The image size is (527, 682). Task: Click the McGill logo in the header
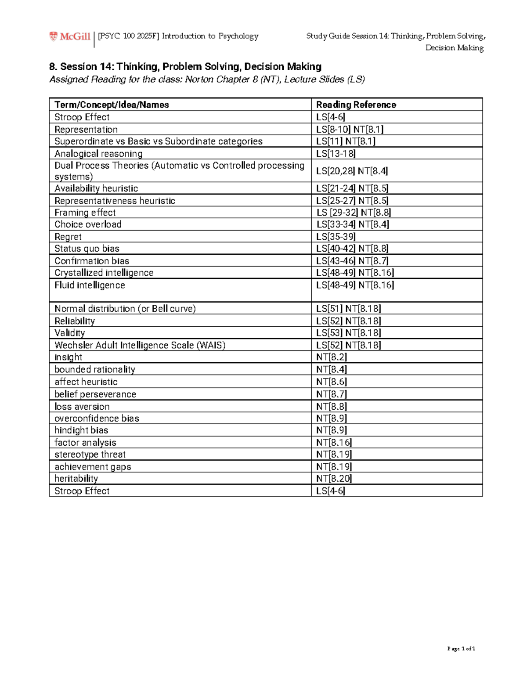click(x=70, y=36)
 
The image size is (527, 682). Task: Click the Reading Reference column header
click(x=356, y=105)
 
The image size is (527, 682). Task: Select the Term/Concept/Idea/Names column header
click(x=112, y=105)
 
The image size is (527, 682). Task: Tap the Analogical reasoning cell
click(x=98, y=154)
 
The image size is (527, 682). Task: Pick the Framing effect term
click(x=85, y=213)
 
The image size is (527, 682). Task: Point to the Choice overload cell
click(x=88, y=224)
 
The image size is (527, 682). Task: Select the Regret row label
click(x=68, y=237)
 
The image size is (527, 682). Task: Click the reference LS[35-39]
click(x=336, y=237)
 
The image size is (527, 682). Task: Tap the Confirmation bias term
click(x=91, y=261)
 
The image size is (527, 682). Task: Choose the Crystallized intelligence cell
click(x=104, y=273)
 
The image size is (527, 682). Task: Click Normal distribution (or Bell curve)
click(x=125, y=309)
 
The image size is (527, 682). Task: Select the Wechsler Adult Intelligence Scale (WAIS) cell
click(x=140, y=345)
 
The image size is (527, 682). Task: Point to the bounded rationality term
click(x=94, y=369)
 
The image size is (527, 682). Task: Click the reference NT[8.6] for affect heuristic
click(x=331, y=382)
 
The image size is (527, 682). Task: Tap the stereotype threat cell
click(x=90, y=455)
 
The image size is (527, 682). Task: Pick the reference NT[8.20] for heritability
click(x=334, y=479)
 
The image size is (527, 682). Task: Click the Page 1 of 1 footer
click(x=461, y=649)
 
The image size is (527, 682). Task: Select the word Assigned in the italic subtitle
click(x=69, y=79)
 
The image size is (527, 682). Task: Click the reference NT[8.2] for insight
click(x=331, y=357)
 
